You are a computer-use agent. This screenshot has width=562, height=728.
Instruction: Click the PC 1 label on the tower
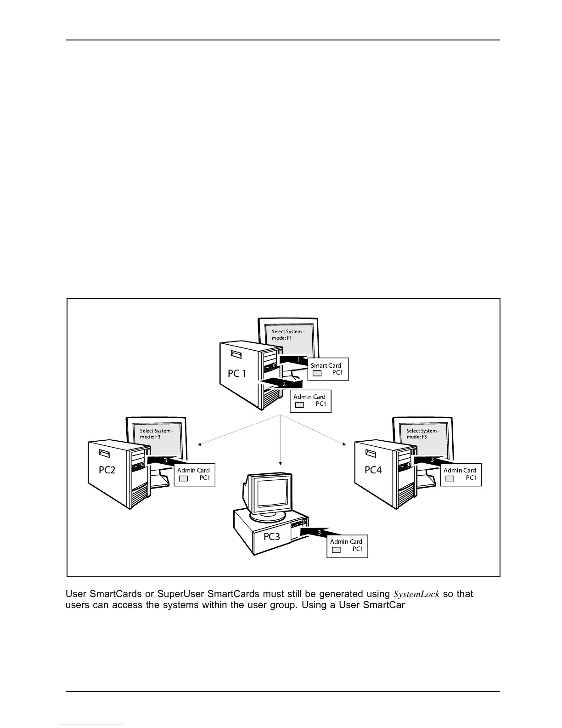237,374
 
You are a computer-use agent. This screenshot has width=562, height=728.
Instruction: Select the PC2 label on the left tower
107,470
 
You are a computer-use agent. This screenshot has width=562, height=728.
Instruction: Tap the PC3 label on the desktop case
271,536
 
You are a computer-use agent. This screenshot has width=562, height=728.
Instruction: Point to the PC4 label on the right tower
373,470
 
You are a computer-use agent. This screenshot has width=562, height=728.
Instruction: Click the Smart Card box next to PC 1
328,369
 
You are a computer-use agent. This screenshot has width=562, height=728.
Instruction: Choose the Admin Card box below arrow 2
310,401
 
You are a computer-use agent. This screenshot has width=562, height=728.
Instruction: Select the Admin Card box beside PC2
194,474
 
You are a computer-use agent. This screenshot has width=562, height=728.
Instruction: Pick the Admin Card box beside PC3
347,546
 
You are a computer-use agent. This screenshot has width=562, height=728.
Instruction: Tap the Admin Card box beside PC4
461,474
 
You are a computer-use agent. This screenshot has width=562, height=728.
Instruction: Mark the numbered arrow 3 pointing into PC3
317,532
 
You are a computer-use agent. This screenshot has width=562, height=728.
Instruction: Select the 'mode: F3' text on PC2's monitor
150,437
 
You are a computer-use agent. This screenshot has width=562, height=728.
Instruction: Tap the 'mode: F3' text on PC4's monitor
416,437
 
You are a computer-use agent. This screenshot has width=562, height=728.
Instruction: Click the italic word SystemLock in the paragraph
417,594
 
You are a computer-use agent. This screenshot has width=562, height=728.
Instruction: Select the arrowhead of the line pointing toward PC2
199,444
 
